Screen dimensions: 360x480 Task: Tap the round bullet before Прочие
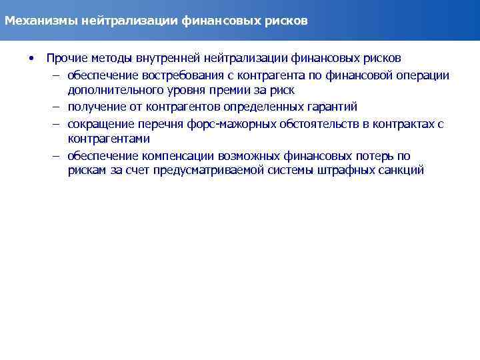click(x=31, y=58)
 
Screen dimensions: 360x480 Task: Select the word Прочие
click(x=64, y=58)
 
